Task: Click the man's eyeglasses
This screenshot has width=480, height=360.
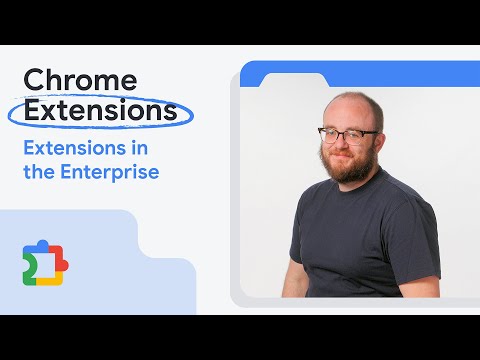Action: (x=347, y=135)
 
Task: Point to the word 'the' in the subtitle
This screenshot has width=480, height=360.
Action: (x=37, y=171)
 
